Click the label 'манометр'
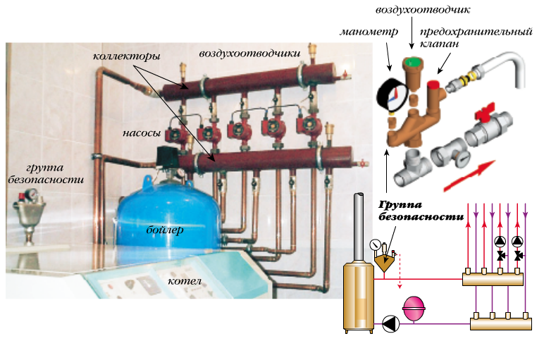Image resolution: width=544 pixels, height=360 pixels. click(369, 32)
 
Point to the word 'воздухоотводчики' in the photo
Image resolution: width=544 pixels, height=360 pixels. click(249, 53)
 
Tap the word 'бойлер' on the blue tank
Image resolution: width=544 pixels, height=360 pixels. click(166, 230)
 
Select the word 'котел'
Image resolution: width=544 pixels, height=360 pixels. click(185, 282)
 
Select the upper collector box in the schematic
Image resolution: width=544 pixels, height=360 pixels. click(493, 277)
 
